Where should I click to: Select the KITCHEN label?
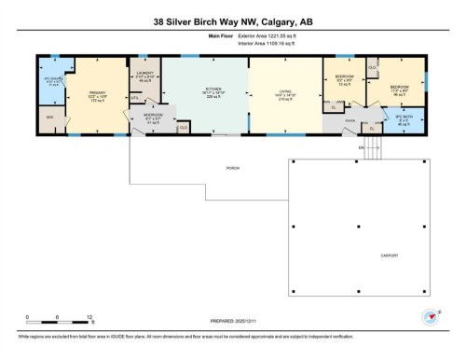click(x=214, y=91)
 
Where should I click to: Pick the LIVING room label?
click(x=285, y=91)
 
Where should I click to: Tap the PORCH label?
click(x=220, y=168)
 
